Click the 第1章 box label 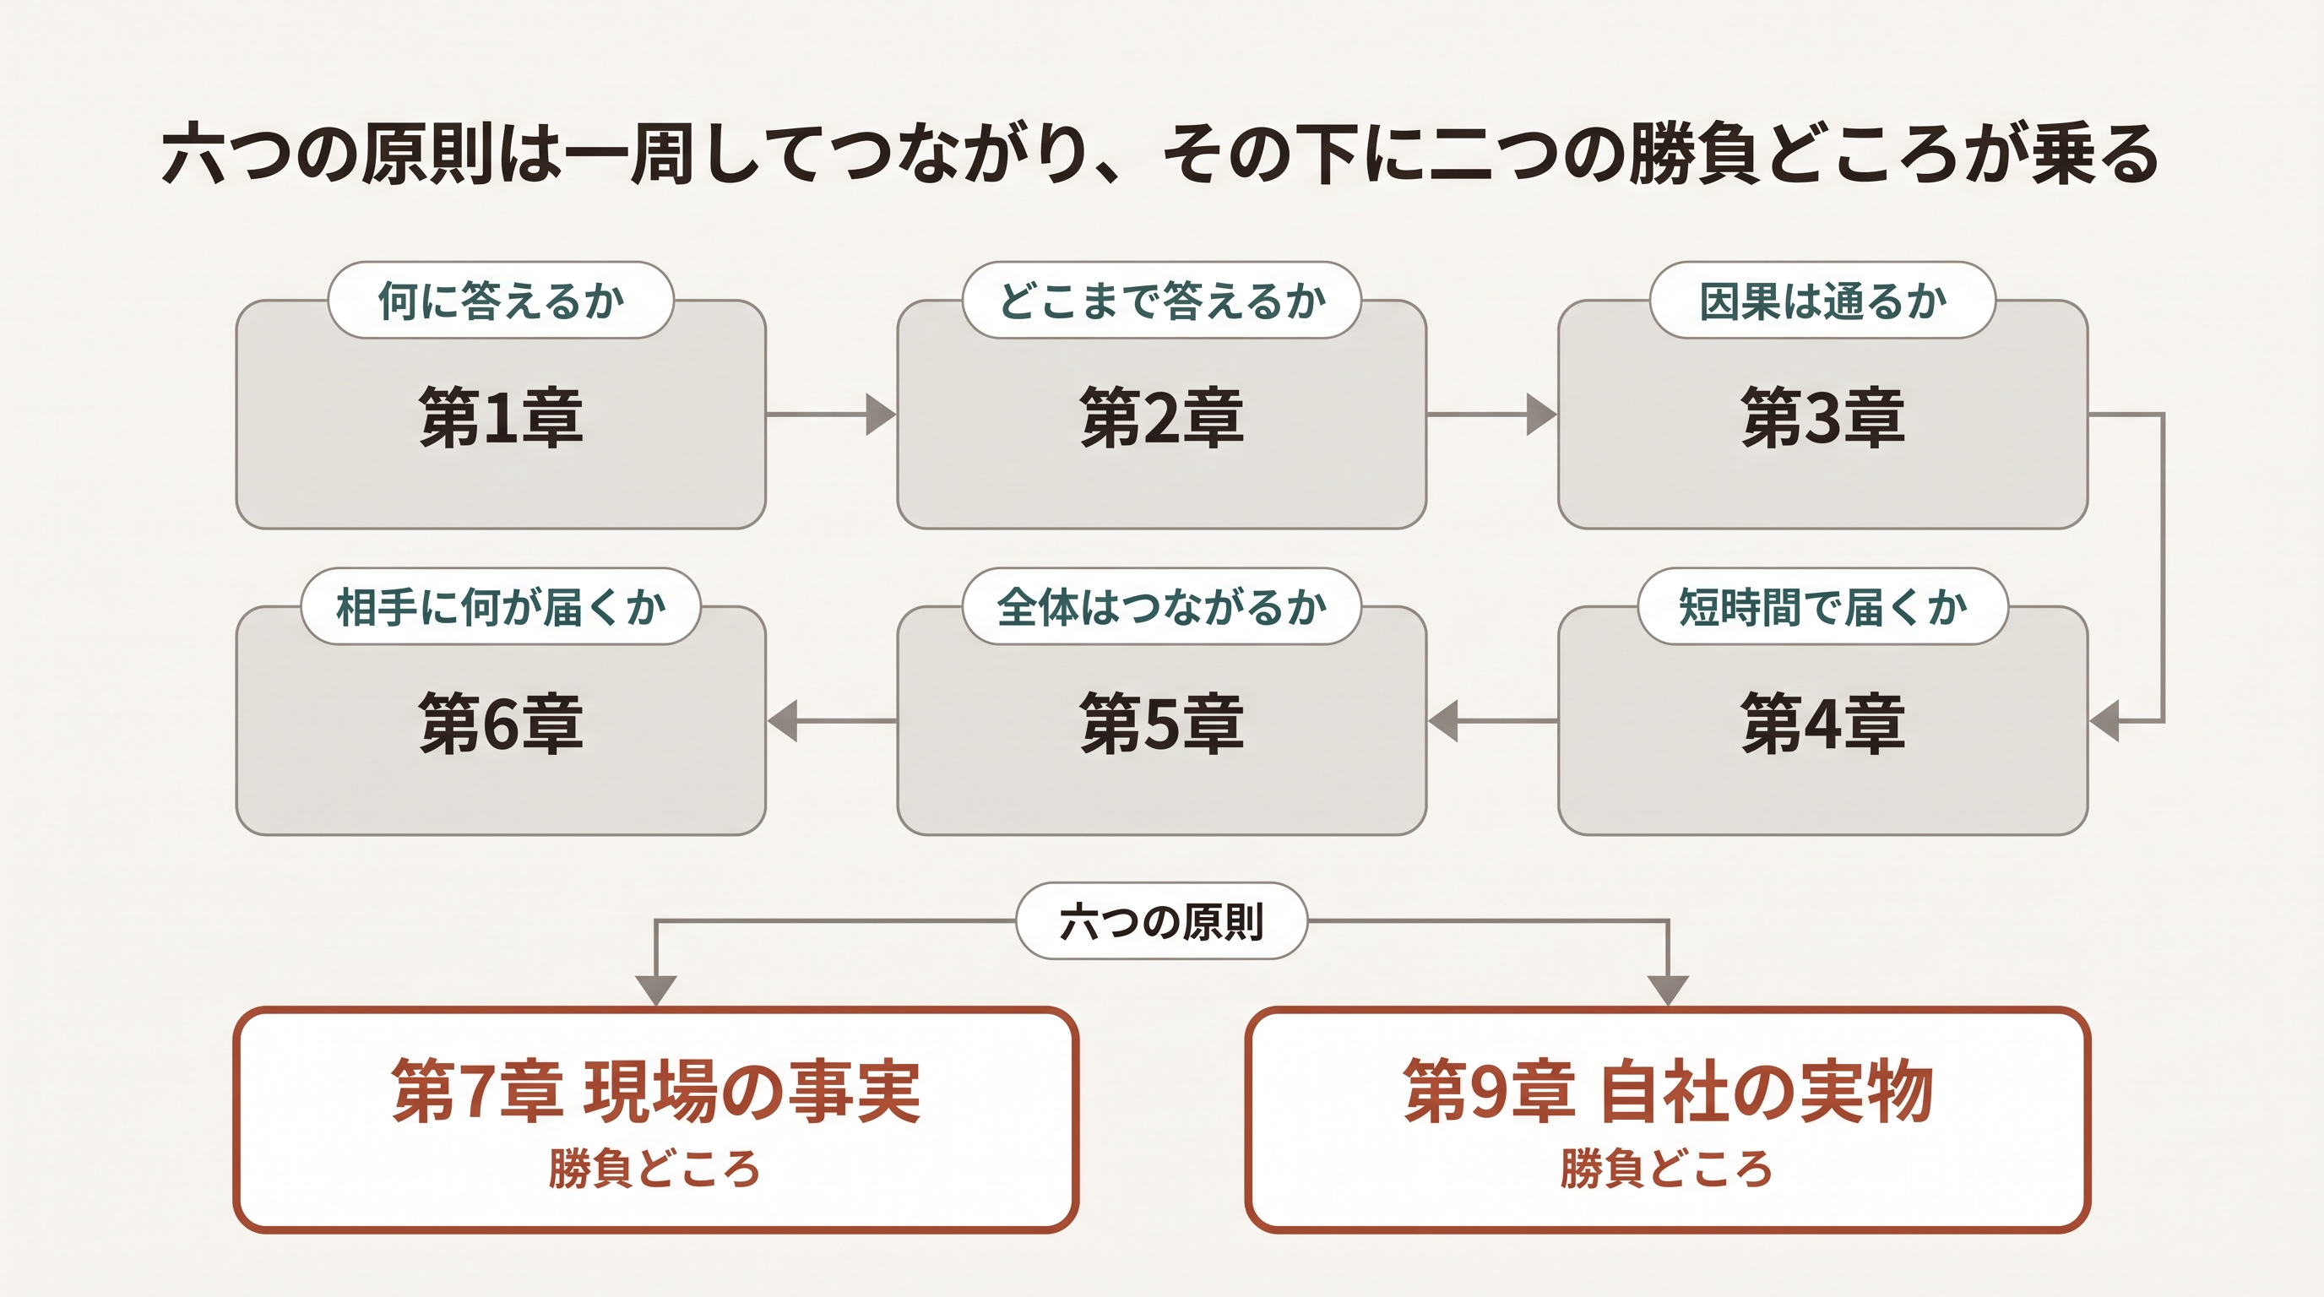[501, 416]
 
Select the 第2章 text [1162, 416]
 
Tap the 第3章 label [1822, 416]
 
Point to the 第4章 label [1822, 724]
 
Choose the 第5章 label [1162, 724]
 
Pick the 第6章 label [501, 724]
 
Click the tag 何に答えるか [501, 301]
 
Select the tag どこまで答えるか [1162, 301]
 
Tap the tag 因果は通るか [1822, 301]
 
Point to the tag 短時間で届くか [1822, 606]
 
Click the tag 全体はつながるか [1162, 606]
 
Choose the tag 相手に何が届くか [501, 606]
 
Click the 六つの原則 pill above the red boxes [1162, 921]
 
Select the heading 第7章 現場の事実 [656, 1091]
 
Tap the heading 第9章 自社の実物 [1668, 1091]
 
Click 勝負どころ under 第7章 [655, 1169]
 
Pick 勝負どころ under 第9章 [1667, 1169]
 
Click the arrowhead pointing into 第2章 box [882, 415]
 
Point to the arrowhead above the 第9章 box [1668, 990]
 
